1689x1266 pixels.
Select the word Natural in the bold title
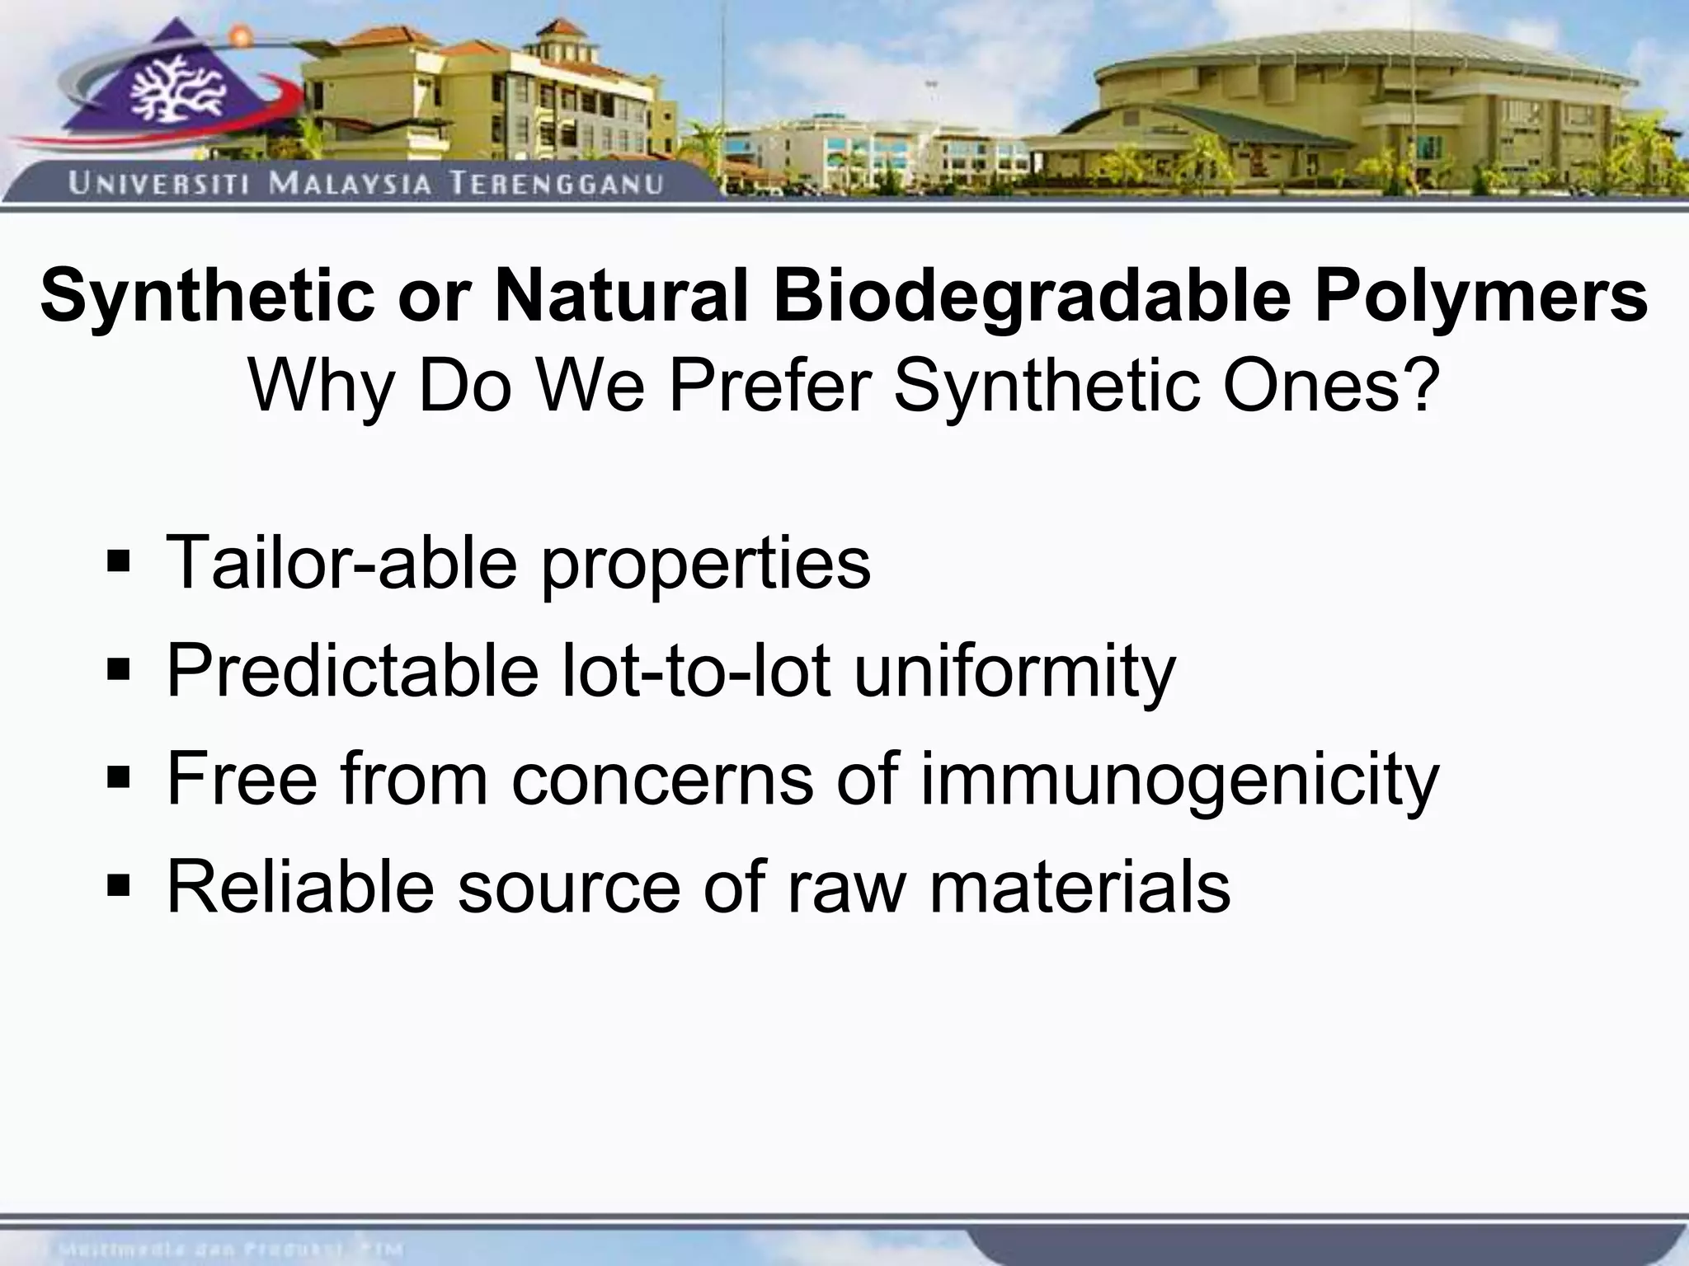(621, 295)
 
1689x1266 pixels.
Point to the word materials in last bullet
(1080, 888)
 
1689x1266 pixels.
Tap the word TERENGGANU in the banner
(557, 183)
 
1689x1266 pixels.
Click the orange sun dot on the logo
(240, 35)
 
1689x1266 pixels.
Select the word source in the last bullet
(569, 888)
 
